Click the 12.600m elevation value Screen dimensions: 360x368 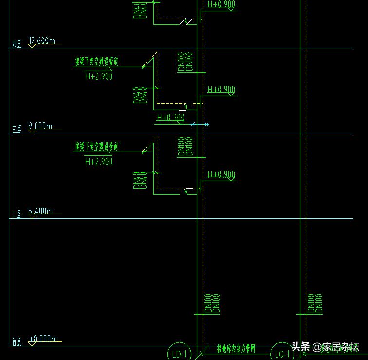click(x=41, y=41)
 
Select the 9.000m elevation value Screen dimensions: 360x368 click(x=40, y=126)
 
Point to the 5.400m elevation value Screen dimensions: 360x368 click(x=40, y=211)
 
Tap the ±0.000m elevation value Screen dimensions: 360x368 click(x=43, y=339)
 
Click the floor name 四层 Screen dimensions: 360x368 click(x=17, y=44)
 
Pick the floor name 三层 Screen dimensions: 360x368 click(x=17, y=129)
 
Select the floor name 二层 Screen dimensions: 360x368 click(x=17, y=214)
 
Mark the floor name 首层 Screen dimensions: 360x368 click(x=17, y=342)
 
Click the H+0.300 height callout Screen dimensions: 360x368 click(x=170, y=118)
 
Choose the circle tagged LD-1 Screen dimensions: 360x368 click(x=180, y=353)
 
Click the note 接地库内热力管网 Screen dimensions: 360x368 click(x=236, y=349)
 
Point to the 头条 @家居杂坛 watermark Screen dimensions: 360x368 click(x=325, y=347)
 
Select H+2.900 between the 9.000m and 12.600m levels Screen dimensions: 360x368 click(x=99, y=76)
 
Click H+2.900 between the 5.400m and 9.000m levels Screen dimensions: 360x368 click(x=99, y=161)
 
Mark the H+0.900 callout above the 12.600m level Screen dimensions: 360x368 click(x=221, y=4)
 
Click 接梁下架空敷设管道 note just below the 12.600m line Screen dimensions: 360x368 click(x=96, y=62)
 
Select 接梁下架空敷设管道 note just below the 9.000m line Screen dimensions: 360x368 click(x=96, y=147)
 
